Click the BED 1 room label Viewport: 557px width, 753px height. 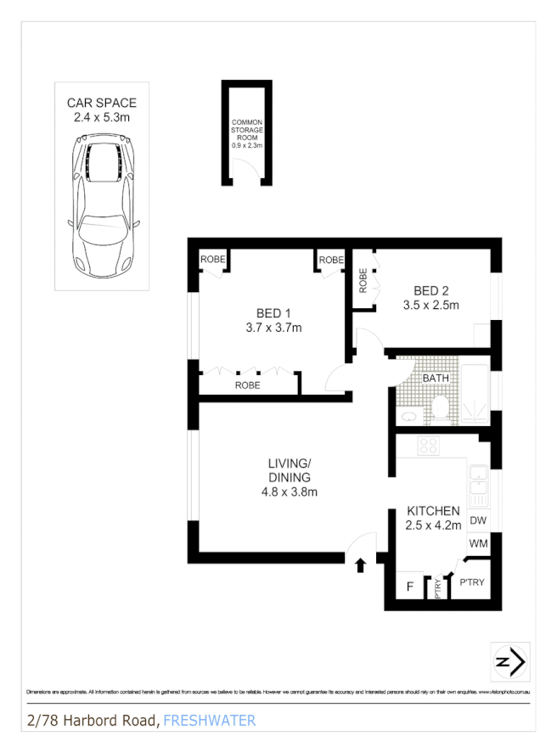(x=273, y=312)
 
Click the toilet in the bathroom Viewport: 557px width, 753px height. (x=441, y=409)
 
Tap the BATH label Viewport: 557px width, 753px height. (x=436, y=378)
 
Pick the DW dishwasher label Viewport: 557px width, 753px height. (x=477, y=520)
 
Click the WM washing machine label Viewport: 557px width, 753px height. (x=477, y=543)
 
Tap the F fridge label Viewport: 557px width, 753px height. (x=409, y=586)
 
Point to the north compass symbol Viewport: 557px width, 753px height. (x=509, y=662)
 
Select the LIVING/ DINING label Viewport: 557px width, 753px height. (x=290, y=469)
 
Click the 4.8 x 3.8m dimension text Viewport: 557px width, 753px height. (x=290, y=492)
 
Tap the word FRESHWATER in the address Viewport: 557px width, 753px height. (x=209, y=721)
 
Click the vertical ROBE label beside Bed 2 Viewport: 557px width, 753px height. (x=363, y=280)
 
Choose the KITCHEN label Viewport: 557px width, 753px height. (x=433, y=511)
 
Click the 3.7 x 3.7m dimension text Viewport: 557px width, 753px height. (x=273, y=327)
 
